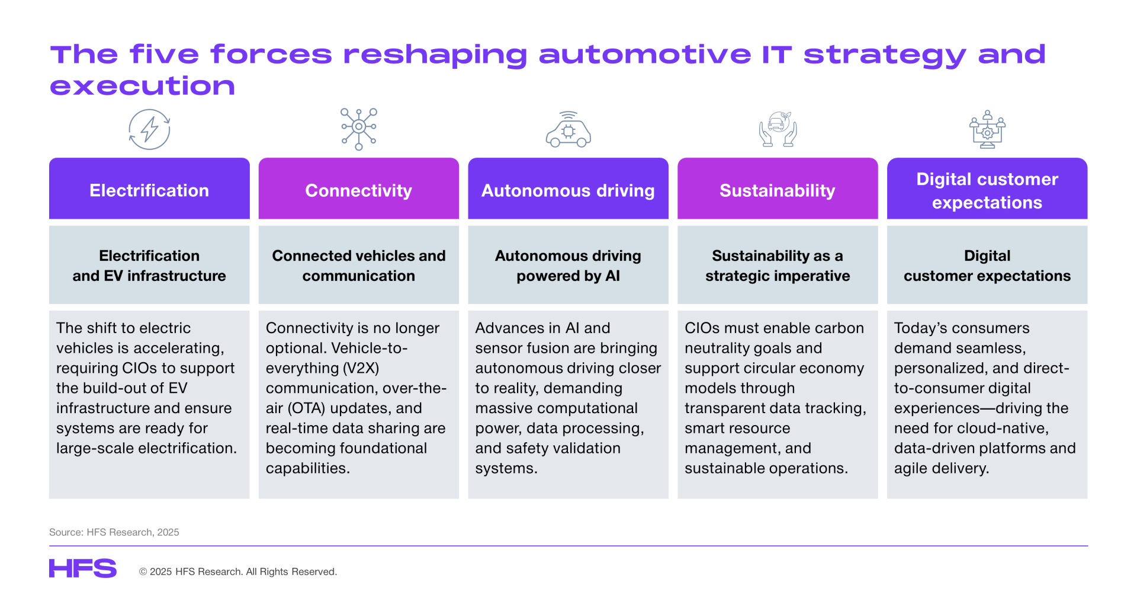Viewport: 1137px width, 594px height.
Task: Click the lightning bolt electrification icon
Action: pyautogui.click(x=149, y=129)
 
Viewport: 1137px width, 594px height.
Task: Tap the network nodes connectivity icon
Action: pyautogui.click(x=358, y=129)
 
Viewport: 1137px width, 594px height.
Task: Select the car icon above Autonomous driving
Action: pyautogui.click(x=568, y=129)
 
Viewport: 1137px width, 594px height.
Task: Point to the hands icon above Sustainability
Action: pyautogui.click(x=778, y=129)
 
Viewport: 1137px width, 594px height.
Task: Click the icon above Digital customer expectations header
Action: pyautogui.click(x=987, y=129)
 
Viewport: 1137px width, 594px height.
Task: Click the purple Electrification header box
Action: pyautogui.click(x=149, y=189)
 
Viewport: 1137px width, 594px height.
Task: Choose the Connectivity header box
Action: pyautogui.click(x=359, y=189)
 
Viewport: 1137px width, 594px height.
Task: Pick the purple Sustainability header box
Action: pyautogui.click(x=778, y=189)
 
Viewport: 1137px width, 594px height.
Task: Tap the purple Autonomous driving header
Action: pyautogui.click(x=568, y=189)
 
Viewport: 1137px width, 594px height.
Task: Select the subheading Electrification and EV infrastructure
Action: pyautogui.click(x=149, y=266)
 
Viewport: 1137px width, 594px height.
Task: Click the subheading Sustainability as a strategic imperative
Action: pyautogui.click(x=778, y=266)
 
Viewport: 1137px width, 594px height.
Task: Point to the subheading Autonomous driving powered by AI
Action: pyautogui.click(x=568, y=266)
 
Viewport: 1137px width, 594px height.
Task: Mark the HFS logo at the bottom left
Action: pyautogui.click(x=83, y=569)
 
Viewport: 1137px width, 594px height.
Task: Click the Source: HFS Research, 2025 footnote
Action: pyautogui.click(x=114, y=532)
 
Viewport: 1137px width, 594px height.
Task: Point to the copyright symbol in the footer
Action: pyautogui.click(x=143, y=571)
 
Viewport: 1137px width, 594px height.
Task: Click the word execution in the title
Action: pyautogui.click(x=143, y=86)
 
